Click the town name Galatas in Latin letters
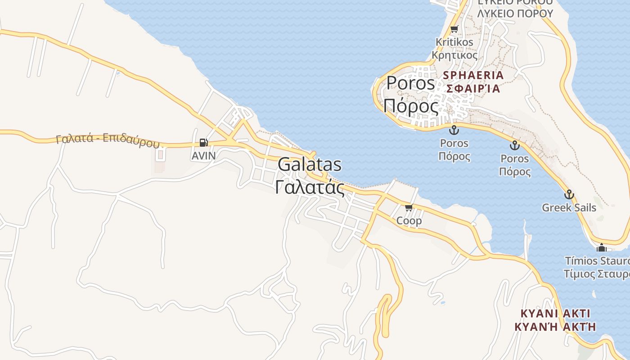[x=309, y=165]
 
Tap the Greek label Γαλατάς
[x=310, y=187]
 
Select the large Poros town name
[x=410, y=83]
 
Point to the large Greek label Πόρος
[x=410, y=107]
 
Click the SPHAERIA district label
[x=473, y=75]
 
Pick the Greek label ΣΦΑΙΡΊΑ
[x=473, y=88]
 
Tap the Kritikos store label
[x=454, y=42]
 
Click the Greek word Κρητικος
[x=454, y=55]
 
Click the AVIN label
[x=203, y=156]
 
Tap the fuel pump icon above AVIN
[x=203, y=143]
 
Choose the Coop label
[x=409, y=220]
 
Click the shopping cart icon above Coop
[x=409, y=207]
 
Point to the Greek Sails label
[x=569, y=207]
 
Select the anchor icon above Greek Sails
[x=569, y=194]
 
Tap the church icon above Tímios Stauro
[x=602, y=247]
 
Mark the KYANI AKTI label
[x=555, y=313]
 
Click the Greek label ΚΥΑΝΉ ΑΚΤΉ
[x=555, y=327]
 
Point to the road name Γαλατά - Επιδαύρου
[x=108, y=140]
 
